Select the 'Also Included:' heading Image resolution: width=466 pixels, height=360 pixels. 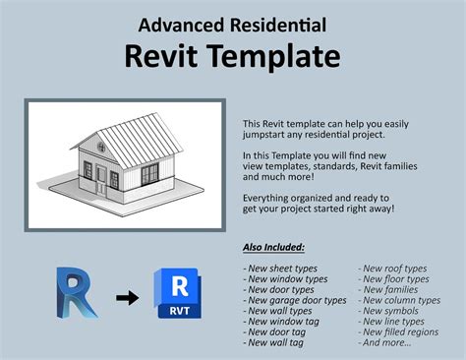coord(274,246)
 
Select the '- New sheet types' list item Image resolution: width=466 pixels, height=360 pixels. coord(283,268)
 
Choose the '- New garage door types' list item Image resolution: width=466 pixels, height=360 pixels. coord(294,300)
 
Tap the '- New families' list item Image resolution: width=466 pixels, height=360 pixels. coord(389,289)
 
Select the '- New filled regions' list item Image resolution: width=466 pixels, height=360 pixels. coord(398,332)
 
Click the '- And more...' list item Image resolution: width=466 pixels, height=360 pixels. coord(386,343)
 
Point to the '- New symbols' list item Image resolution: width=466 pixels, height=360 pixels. coord(390,311)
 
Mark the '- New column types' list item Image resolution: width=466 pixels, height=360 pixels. coord(398,300)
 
